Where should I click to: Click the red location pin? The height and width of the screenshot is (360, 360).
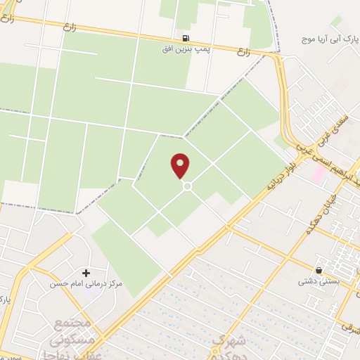(x=181, y=165)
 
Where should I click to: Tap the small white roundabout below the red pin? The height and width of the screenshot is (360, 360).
(x=188, y=186)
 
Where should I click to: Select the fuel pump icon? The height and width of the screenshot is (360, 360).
(x=186, y=38)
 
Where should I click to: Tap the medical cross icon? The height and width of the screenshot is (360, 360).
(x=86, y=272)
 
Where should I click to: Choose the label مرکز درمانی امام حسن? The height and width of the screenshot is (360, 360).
(x=86, y=285)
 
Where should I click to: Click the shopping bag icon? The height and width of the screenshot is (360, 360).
(x=319, y=269)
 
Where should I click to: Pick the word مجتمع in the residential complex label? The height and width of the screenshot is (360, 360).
(x=74, y=324)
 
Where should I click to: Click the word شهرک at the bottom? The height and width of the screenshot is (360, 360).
(x=224, y=340)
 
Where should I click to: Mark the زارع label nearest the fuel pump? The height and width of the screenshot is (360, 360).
(x=245, y=51)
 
